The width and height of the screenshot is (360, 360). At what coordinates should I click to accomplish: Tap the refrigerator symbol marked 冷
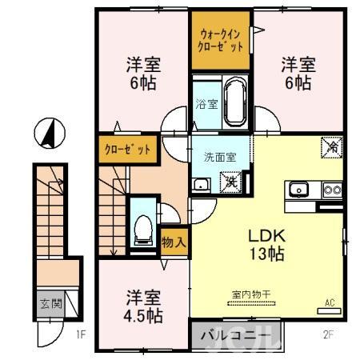330,147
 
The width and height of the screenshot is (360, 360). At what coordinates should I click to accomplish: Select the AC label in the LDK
329,302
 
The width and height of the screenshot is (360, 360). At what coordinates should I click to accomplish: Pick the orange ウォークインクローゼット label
221,39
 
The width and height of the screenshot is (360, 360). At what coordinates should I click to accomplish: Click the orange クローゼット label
126,150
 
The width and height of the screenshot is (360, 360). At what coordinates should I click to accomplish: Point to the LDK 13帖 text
265,245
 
